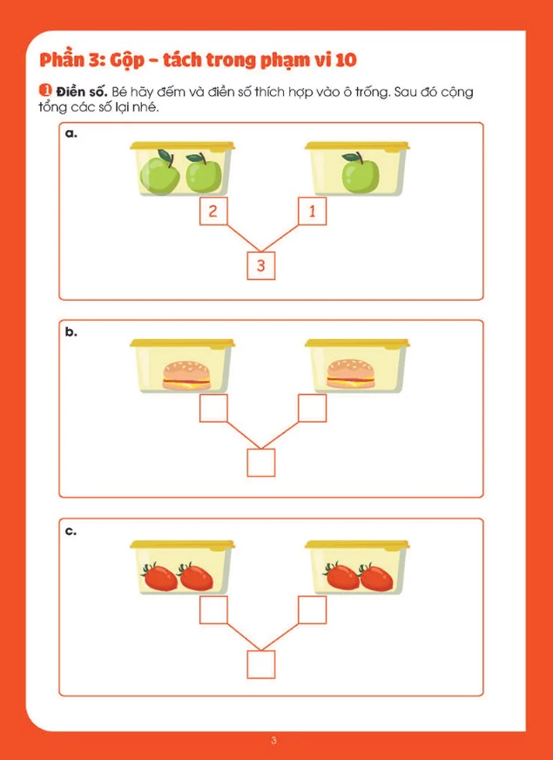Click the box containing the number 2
(x=213, y=211)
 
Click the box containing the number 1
(x=313, y=211)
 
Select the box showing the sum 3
(x=261, y=266)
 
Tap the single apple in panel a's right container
(x=361, y=172)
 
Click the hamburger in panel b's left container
(x=186, y=375)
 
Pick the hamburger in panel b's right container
(x=351, y=374)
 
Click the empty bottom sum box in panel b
(x=261, y=463)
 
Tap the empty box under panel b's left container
(x=213, y=408)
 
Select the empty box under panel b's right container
(x=313, y=408)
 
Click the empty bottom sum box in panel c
(x=261, y=664)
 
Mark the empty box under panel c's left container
(x=213, y=610)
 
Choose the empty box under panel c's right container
(x=313, y=610)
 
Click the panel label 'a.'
(x=71, y=133)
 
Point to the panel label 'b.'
(x=71, y=333)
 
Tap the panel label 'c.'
(x=71, y=532)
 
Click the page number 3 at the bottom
(x=274, y=741)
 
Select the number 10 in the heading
(x=345, y=59)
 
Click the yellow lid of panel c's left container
(x=182, y=545)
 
